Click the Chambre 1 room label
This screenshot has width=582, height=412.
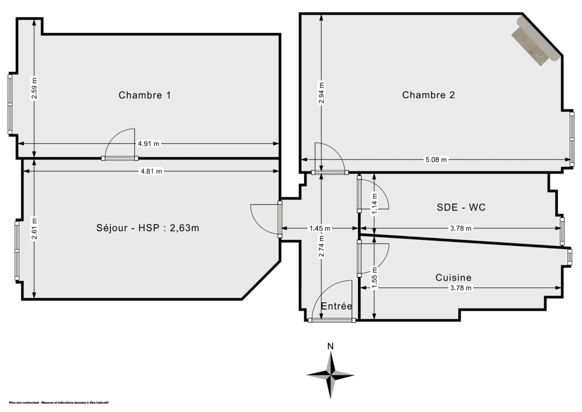click(145, 95)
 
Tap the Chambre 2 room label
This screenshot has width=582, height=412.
click(428, 95)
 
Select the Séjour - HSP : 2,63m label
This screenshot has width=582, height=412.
click(148, 229)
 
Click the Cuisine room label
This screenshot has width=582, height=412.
click(453, 278)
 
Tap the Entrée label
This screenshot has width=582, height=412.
click(337, 306)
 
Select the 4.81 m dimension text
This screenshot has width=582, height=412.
click(151, 171)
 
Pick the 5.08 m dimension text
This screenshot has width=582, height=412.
click(435, 160)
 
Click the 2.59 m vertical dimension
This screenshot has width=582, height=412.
click(34, 88)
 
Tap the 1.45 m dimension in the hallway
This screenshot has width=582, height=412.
click(320, 228)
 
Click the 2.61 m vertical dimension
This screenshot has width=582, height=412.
click(34, 226)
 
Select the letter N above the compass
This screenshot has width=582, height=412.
click(330, 346)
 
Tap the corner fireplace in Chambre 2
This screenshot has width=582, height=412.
click(536, 41)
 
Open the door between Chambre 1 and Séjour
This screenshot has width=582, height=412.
click(120, 158)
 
